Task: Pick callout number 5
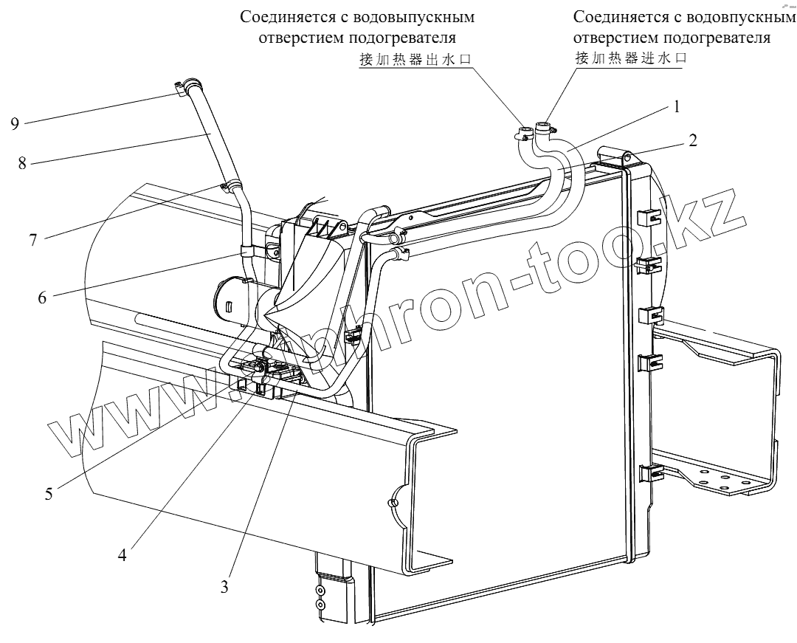(x=49, y=494)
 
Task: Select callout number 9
(x=15, y=123)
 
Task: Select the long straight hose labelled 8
(x=212, y=136)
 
